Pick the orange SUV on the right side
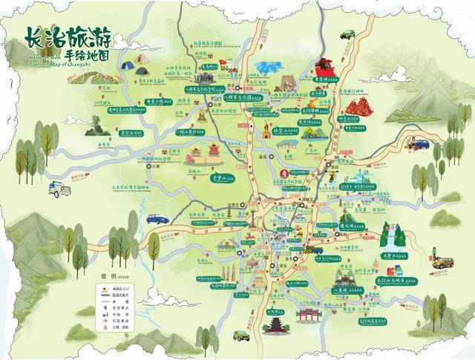[443, 262]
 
